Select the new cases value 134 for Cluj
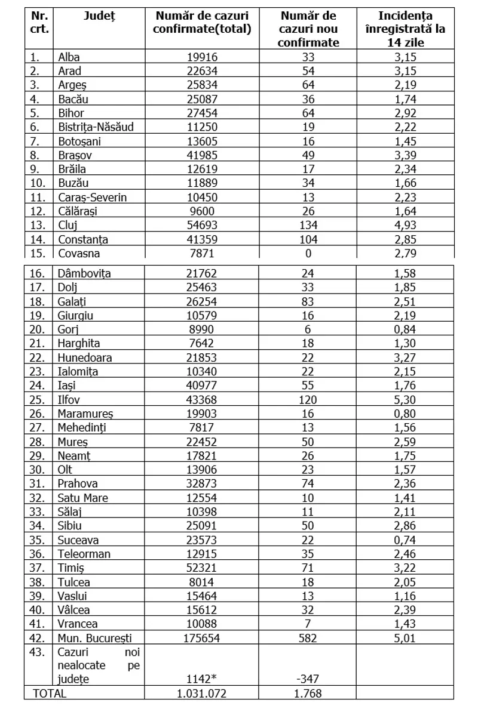(x=309, y=225)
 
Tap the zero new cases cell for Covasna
(x=309, y=252)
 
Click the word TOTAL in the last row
(x=50, y=694)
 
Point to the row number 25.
(x=38, y=399)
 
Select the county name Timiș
(x=71, y=568)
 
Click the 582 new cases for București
(x=309, y=638)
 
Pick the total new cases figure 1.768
(x=309, y=694)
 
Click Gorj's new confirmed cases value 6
(x=309, y=329)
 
